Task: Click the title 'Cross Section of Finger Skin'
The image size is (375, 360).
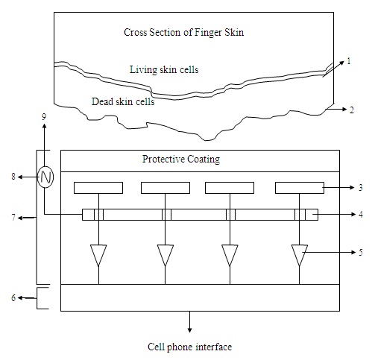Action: point(183,33)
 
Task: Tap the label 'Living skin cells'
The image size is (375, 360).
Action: point(164,69)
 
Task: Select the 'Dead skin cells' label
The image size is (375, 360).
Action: point(123,101)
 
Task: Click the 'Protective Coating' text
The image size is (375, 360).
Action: point(181,160)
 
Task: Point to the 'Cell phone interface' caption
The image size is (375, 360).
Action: point(189,347)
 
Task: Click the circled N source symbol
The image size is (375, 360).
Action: point(45,177)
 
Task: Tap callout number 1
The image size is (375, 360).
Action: point(349,61)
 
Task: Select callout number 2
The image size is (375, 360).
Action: point(351,110)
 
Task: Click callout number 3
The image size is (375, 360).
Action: point(361,188)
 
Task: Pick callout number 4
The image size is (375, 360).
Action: point(361,214)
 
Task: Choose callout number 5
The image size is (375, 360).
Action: point(361,253)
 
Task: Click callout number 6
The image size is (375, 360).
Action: point(13,297)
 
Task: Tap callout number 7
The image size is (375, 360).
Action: point(13,218)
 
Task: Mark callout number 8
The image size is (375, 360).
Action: point(13,177)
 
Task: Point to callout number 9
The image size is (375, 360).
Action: point(44,117)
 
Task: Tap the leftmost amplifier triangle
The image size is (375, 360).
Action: point(98,255)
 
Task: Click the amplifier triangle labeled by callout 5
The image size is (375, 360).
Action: point(300,255)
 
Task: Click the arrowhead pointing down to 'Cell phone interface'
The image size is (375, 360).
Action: point(189,330)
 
